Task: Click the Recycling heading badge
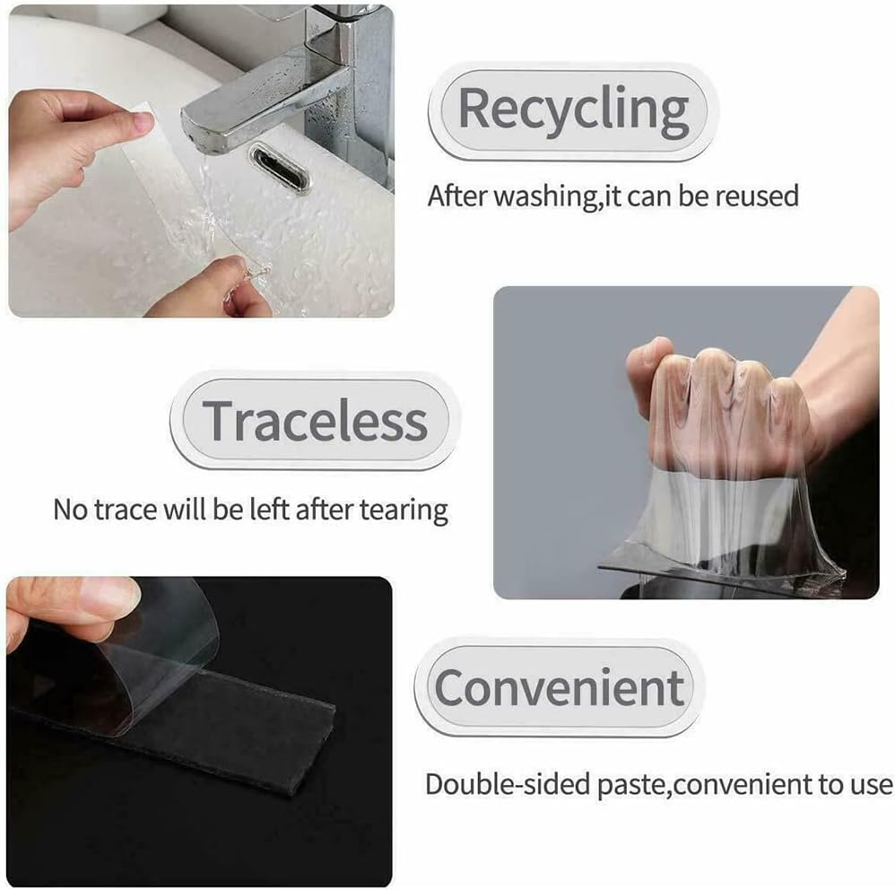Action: pyautogui.click(x=572, y=110)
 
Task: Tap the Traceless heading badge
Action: pyautogui.click(x=314, y=420)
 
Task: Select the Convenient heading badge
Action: pyautogui.click(x=558, y=687)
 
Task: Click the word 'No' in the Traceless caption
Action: pyautogui.click(x=71, y=510)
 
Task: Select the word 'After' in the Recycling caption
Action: pyautogui.click(x=456, y=196)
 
